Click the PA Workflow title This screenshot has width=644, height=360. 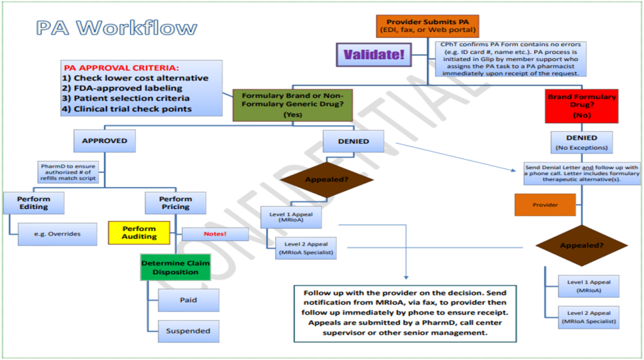coord(116,28)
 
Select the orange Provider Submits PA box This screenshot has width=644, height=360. coord(428,26)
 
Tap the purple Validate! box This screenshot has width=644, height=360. coord(373,55)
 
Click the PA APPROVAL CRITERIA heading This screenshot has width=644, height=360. coord(121,67)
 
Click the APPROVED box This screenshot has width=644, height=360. coord(104,141)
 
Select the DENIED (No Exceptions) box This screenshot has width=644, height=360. coord(581,142)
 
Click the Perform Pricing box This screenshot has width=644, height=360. coord(175,203)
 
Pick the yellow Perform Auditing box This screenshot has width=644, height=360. coord(139,232)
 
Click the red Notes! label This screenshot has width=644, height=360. coord(215,233)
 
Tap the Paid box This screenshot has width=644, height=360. coord(188,300)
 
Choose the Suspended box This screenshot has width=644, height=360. coord(188,330)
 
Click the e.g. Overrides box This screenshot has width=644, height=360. coord(57,234)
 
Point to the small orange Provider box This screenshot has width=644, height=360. coord(545,205)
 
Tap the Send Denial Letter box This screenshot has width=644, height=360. coord(581,173)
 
